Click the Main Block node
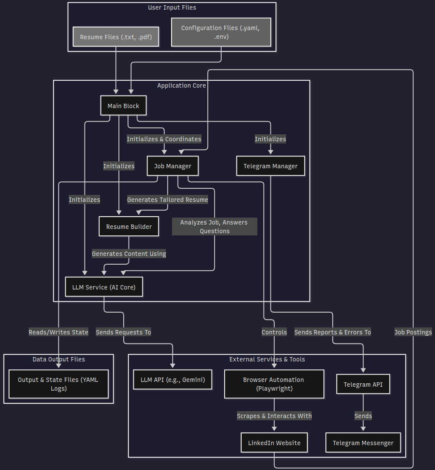coord(123,106)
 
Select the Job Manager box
coord(172,166)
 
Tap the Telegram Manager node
coord(270,166)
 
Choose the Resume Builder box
coord(129,226)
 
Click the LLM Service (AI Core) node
coord(104,287)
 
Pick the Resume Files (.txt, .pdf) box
coord(116,37)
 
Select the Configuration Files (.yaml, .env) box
coord(221,32)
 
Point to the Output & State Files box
coord(58,384)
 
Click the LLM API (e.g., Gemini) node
coord(173,379)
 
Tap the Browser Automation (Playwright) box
coord(274,384)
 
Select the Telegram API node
coord(363,384)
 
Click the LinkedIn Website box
coord(274,443)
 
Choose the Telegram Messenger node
coord(363,443)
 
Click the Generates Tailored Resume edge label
coord(168,200)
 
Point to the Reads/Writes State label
coord(58,332)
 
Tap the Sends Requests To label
coord(123,332)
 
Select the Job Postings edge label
coord(413,332)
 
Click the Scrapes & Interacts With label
coord(274,416)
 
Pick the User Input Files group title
coord(172,7)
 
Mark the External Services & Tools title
coord(267,359)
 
